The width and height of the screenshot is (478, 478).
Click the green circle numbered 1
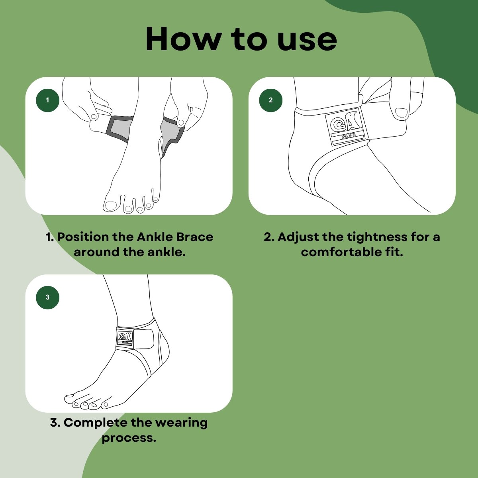(48, 100)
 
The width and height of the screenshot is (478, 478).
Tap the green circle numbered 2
(270, 100)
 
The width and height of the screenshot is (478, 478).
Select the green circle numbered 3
(48, 298)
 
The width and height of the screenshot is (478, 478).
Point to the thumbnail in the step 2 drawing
(401, 113)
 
